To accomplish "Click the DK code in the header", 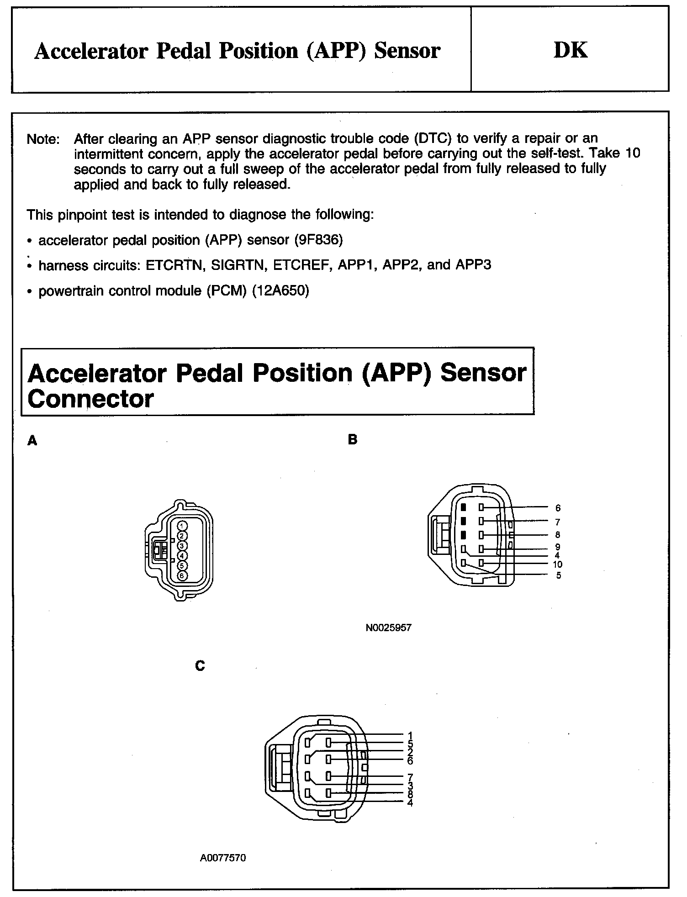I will tap(571, 50).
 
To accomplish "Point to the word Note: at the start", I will tap(43, 139).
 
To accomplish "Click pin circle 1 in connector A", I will tap(181, 526).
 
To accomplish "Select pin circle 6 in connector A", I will tap(181, 575).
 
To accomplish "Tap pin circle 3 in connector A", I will tap(181, 546).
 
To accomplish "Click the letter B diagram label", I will tap(353, 440).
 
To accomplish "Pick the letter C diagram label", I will tap(200, 666).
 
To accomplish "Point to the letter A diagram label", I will tap(32, 441).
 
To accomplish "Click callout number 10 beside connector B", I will tap(558, 565).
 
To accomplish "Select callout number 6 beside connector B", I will tap(558, 508).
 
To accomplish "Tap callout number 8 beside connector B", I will tap(558, 535).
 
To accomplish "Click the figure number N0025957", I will tap(388, 628).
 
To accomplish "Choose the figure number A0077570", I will tap(223, 858).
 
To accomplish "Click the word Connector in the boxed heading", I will tap(90, 399).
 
